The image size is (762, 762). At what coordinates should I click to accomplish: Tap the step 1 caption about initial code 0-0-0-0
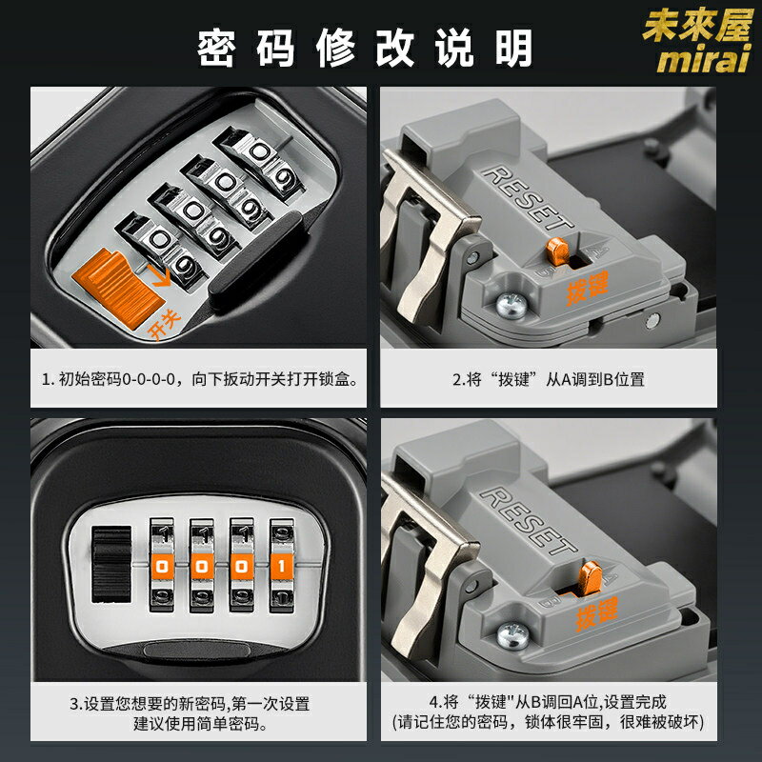pyautogui.click(x=200, y=379)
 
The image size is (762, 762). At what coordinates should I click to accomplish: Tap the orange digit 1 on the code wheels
pyautogui.click(x=281, y=566)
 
